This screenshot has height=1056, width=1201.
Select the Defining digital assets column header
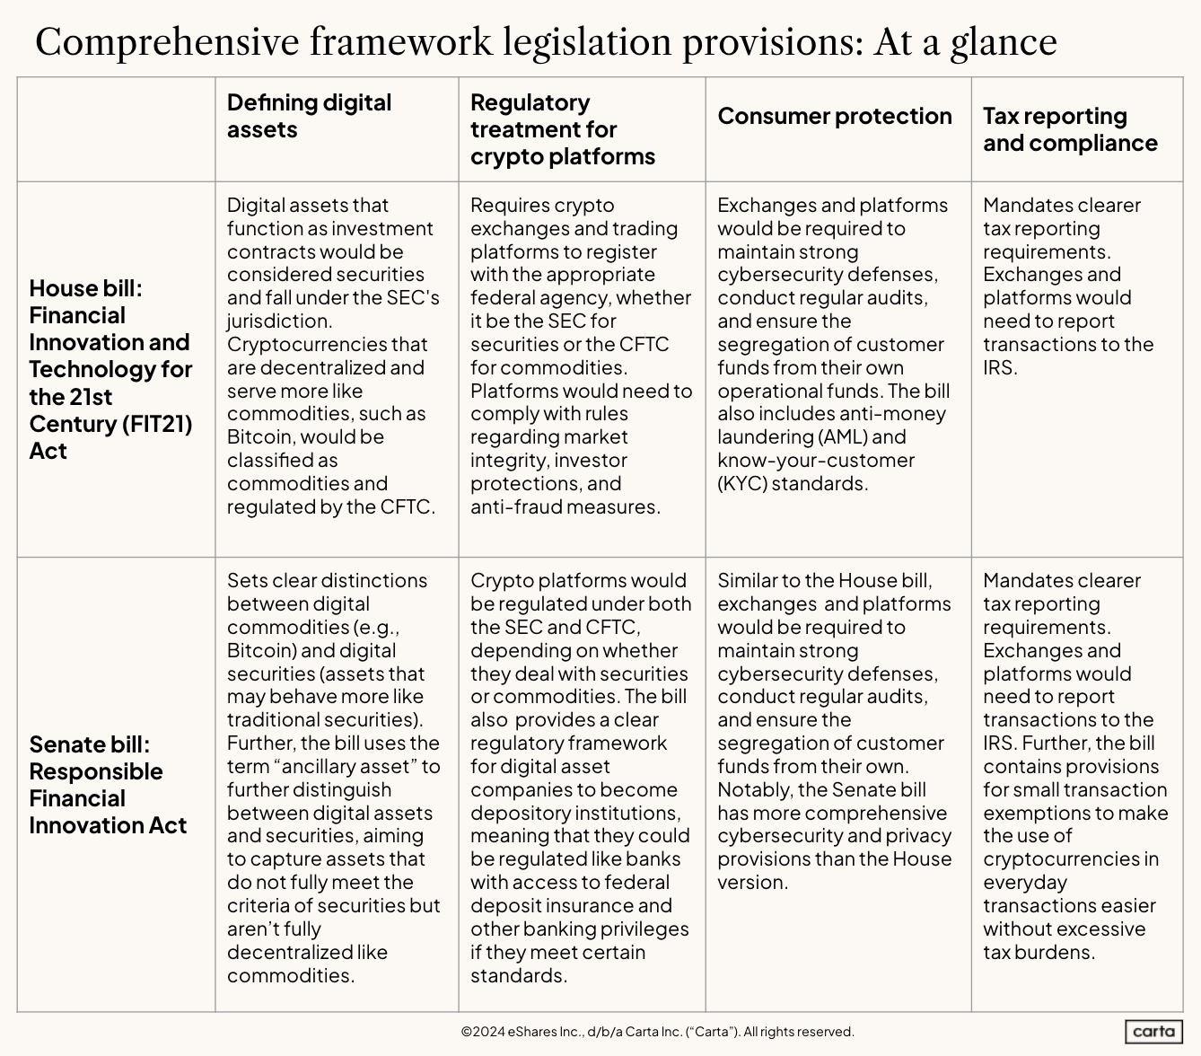click(x=309, y=116)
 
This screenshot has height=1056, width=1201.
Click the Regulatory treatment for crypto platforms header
click(x=562, y=129)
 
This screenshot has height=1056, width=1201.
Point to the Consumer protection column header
click(x=834, y=116)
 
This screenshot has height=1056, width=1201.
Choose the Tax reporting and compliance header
click(x=1069, y=129)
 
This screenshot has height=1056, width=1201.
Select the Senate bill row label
click(x=108, y=785)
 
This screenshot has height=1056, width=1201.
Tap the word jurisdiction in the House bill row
click(x=278, y=321)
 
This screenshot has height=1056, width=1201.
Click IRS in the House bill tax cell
click(x=999, y=367)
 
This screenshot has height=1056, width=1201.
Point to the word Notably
click(x=753, y=790)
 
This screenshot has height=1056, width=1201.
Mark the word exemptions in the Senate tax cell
click(x=1040, y=814)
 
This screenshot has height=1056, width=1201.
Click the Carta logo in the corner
click(x=1153, y=1032)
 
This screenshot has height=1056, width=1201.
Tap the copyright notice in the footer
click(x=657, y=1032)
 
